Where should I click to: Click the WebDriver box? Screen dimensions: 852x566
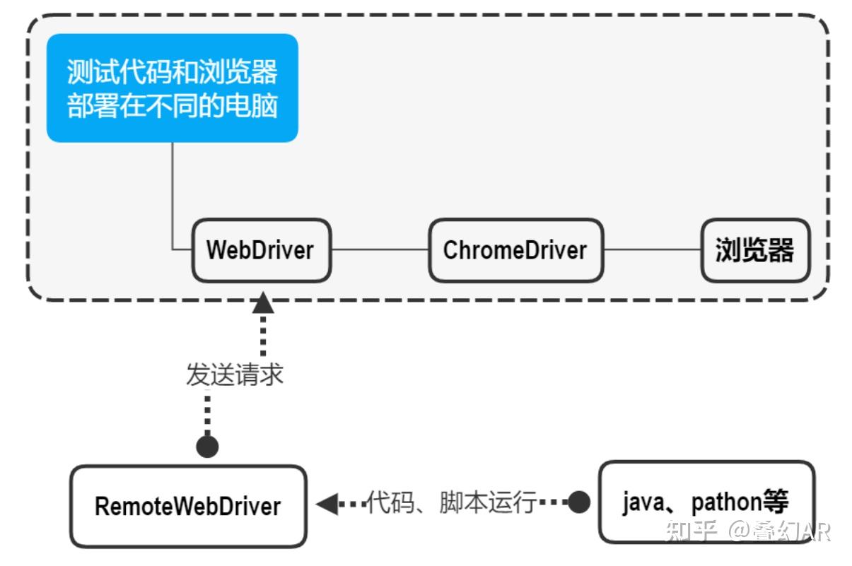pos(262,250)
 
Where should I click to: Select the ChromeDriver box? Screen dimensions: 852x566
pos(515,250)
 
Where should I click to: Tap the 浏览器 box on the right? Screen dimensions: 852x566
pos(755,250)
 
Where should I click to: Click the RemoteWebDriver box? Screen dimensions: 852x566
pos(188,506)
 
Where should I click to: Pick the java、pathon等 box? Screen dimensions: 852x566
pos(707,502)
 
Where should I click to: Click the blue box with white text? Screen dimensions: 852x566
pos(173,88)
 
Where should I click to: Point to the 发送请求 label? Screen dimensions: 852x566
pos(235,375)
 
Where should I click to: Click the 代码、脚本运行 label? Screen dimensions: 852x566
pos(452,502)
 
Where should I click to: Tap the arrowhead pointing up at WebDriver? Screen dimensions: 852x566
pos(263,303)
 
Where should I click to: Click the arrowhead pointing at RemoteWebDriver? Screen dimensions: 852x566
pos(327,504)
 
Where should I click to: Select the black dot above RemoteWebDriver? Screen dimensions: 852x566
pos(207,447)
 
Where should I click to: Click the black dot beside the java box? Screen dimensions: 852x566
pos(579,502)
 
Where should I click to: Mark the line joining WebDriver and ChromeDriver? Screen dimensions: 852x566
pos(380,249)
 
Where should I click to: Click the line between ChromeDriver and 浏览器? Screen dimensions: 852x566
pos(653,249)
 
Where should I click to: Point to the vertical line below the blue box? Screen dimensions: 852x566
pos(173,196)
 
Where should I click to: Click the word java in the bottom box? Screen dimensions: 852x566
pos(643,502)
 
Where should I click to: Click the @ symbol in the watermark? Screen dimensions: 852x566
pos(739,531)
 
